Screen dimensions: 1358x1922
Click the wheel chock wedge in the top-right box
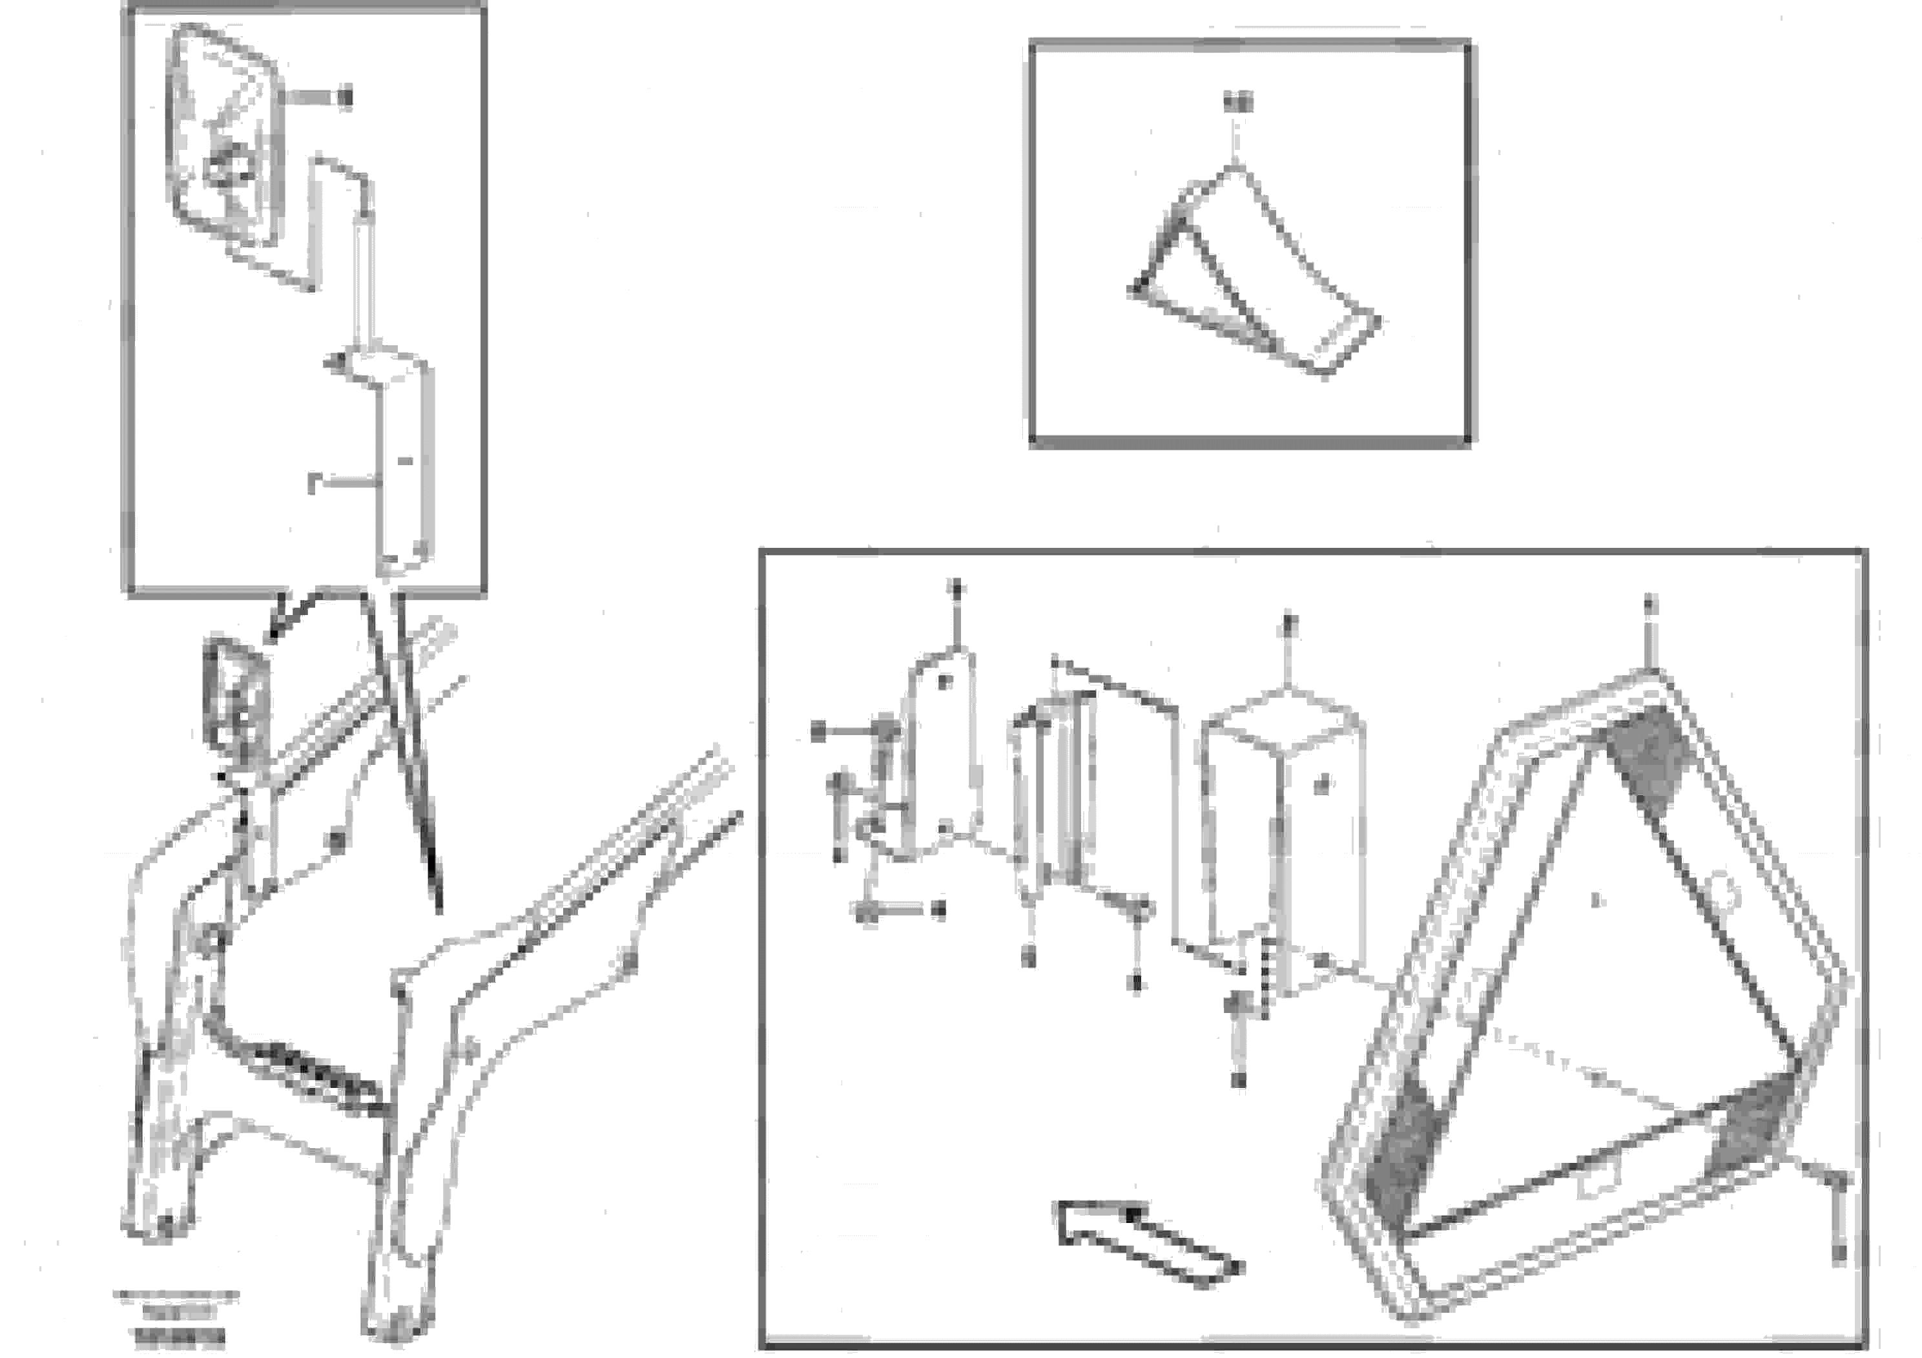click(1255, 277)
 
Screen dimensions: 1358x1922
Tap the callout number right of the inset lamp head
click(346, 98)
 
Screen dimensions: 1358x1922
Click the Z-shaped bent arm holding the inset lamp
click(339, 218)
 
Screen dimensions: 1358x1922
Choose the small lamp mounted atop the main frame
click(237, 699)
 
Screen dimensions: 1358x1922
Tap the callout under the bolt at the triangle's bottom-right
click(1838, 1253)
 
